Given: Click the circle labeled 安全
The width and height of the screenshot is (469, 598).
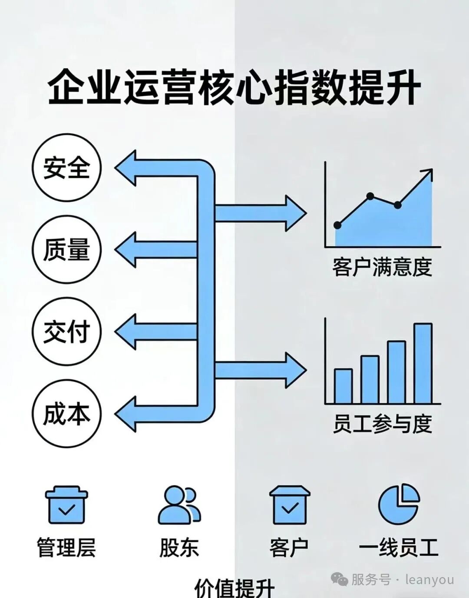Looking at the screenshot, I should pos(66,168).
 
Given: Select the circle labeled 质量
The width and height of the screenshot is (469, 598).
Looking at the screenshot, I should pos(66,249).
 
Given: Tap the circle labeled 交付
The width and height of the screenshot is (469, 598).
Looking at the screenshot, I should pos(66,332).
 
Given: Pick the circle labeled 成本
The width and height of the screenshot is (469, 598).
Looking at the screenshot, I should pos(66,413).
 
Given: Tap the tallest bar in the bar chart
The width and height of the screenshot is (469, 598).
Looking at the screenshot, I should pos(423,363).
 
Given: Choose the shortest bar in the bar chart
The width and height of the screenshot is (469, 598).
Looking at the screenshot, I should pos(343,386).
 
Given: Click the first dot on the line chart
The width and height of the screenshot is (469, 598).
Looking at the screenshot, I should pos(338,225).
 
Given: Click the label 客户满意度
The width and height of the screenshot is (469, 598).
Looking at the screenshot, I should pos(382,267).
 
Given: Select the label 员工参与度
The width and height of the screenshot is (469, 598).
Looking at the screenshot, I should pos(382,424).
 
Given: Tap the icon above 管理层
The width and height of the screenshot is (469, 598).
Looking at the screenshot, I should pos(66,505).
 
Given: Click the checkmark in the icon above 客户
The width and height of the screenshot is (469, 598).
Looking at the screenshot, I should pos(290,508).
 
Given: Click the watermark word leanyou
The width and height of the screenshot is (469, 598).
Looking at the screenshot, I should pos(429,580).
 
